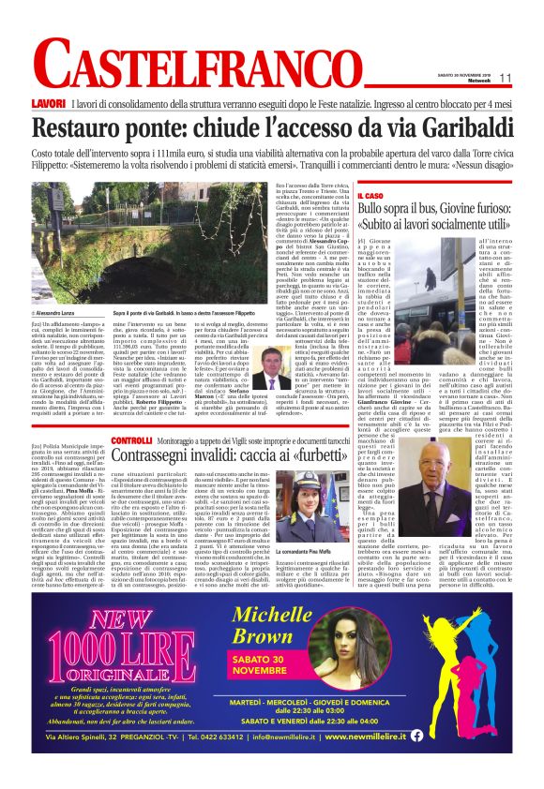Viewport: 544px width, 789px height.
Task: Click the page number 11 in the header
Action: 504,78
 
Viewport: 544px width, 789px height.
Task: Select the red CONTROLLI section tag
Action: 131,439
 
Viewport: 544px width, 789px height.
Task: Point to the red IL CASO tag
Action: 400,195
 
